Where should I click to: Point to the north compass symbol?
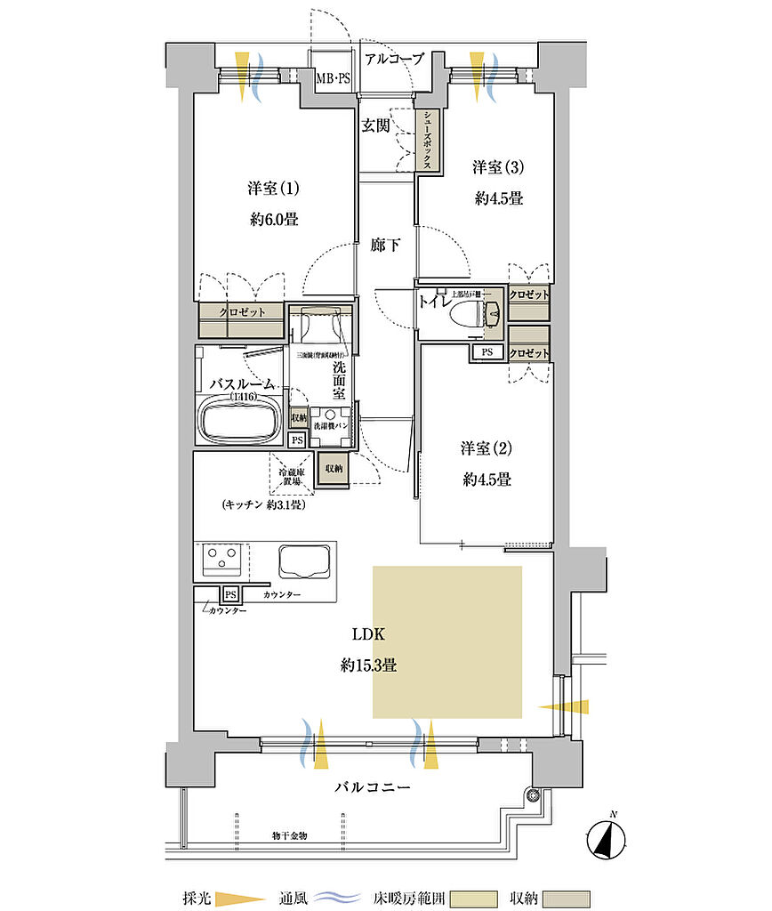[x=609, y=837]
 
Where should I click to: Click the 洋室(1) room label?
[x=272, y=189]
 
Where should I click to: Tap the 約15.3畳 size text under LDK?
[x=368, y=664]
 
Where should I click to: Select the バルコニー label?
[x=373, y=787]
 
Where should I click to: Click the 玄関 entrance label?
[x=375, y=125]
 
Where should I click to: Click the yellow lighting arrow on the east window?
[x=564, y=706]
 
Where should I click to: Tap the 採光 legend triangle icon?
[x=242, y=898]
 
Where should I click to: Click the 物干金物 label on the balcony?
[x=290, y=836]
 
